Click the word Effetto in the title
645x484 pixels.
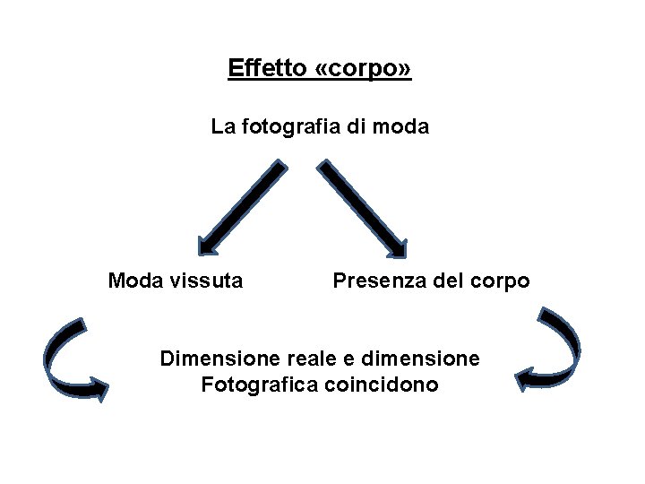coord(267,68)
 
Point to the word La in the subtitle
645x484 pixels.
coord(222,127)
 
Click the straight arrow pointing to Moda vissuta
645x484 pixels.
coord(241,205)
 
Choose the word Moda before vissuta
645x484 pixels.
coord(134,281)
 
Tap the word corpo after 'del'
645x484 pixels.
coord(500,282)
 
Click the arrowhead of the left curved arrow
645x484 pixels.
coord(98,390)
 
